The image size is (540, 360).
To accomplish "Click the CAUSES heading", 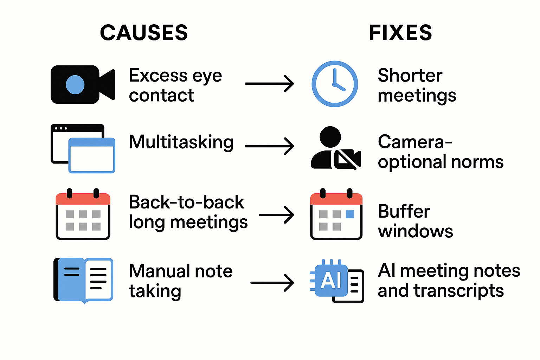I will (144, 33).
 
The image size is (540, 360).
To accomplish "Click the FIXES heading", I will (400, 33).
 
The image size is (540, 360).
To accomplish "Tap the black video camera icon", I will (83, 84).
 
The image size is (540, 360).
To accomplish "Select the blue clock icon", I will (335, 84).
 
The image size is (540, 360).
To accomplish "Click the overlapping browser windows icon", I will (83, 148).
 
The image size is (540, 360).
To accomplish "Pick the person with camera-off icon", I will (336, 148).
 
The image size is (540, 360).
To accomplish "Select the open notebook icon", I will (83, 280).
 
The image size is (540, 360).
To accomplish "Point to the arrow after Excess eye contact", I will (269, 84).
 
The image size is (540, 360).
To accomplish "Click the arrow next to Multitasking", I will (269, 146).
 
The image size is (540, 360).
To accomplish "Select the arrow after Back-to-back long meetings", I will (276, 215).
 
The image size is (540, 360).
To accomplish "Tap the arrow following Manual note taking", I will (272, 283).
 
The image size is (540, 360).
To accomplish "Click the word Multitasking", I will (181, 142).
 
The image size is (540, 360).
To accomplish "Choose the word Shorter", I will (410, 76).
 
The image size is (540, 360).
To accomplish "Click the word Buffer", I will (404, 212).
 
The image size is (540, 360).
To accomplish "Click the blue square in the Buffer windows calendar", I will (350, 214).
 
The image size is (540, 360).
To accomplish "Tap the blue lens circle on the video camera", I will (75, 85).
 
